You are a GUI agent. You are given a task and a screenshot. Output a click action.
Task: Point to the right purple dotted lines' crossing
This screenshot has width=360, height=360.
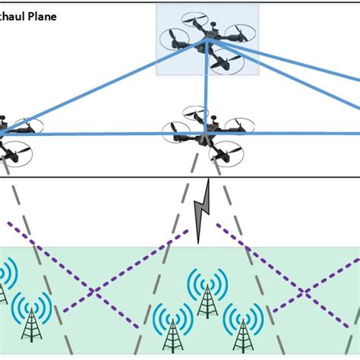[304, 292]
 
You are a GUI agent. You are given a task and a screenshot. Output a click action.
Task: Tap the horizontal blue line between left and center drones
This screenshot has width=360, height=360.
[99, 134]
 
